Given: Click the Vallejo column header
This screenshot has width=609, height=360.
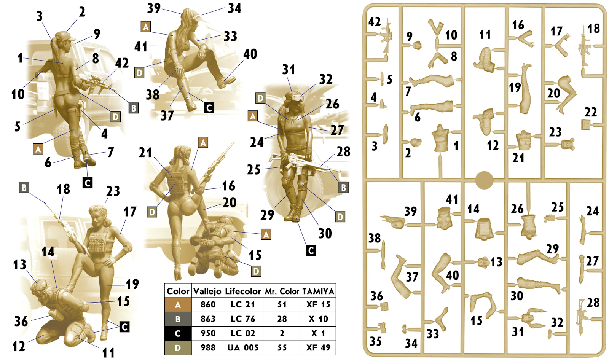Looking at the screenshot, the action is tap(207, 291).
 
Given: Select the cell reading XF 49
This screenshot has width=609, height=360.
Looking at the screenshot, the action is tap(318, 347).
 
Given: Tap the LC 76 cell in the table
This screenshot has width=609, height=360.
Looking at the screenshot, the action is tap(243, 319).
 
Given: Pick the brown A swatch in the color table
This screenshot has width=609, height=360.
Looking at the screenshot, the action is tap(178, 304).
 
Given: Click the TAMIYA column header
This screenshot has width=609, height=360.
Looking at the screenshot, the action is tap(318, 292).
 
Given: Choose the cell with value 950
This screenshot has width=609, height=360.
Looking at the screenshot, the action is tap(208, 333).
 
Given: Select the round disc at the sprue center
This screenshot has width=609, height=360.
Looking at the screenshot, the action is tap(484, 180).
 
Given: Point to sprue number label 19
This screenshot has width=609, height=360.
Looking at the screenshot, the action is tap(515, 87).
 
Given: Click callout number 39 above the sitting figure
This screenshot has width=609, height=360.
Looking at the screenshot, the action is tap(154, 8).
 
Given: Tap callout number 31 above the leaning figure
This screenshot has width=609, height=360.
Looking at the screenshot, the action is tap(289, 70).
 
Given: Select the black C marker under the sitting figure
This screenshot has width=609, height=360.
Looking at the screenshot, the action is tap(209, 108).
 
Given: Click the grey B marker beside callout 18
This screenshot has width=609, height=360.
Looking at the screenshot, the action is tap(24, 187).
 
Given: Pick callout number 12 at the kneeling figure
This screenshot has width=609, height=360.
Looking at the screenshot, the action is tap(19, 346).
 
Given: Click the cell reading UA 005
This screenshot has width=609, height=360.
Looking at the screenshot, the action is tap(243, 347).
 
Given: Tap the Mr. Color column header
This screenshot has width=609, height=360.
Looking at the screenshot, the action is tap(282, 292).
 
